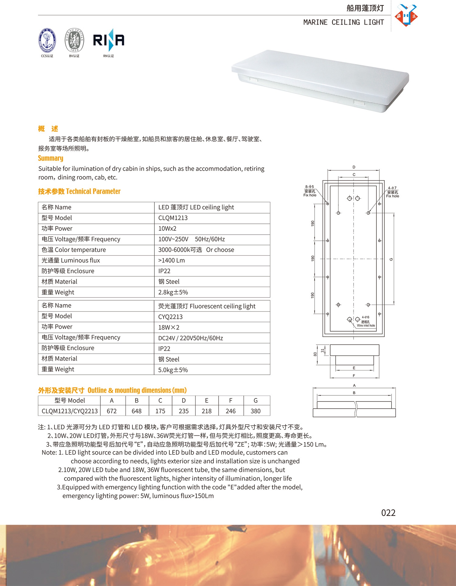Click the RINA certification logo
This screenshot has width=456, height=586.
[109, 40]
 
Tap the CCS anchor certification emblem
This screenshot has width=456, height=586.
[47, 40]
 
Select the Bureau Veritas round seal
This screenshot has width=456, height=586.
[74, 40]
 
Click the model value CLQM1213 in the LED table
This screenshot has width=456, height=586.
[173, 218]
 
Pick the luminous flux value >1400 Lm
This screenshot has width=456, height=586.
[171, 261]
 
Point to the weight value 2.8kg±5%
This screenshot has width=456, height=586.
[173, 292]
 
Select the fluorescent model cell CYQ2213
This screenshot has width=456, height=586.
[170, 317]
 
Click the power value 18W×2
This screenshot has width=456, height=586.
[169, 327]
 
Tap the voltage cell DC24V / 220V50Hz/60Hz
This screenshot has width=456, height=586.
[191, 338]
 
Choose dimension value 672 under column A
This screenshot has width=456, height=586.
[112, 411]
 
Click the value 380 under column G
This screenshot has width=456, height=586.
[255, 411]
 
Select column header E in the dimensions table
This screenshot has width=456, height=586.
[206, 400]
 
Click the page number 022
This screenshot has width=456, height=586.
[388, 513]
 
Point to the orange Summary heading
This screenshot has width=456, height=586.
[50, 158]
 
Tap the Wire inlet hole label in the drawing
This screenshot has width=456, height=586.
[366, 325]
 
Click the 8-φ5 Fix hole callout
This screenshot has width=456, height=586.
[310, 191]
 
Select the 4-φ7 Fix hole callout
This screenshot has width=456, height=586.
[392, 192]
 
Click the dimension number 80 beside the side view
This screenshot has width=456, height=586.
[315, 354]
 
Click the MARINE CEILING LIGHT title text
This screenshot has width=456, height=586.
[344, 22]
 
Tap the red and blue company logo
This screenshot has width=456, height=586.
[406, 15]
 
